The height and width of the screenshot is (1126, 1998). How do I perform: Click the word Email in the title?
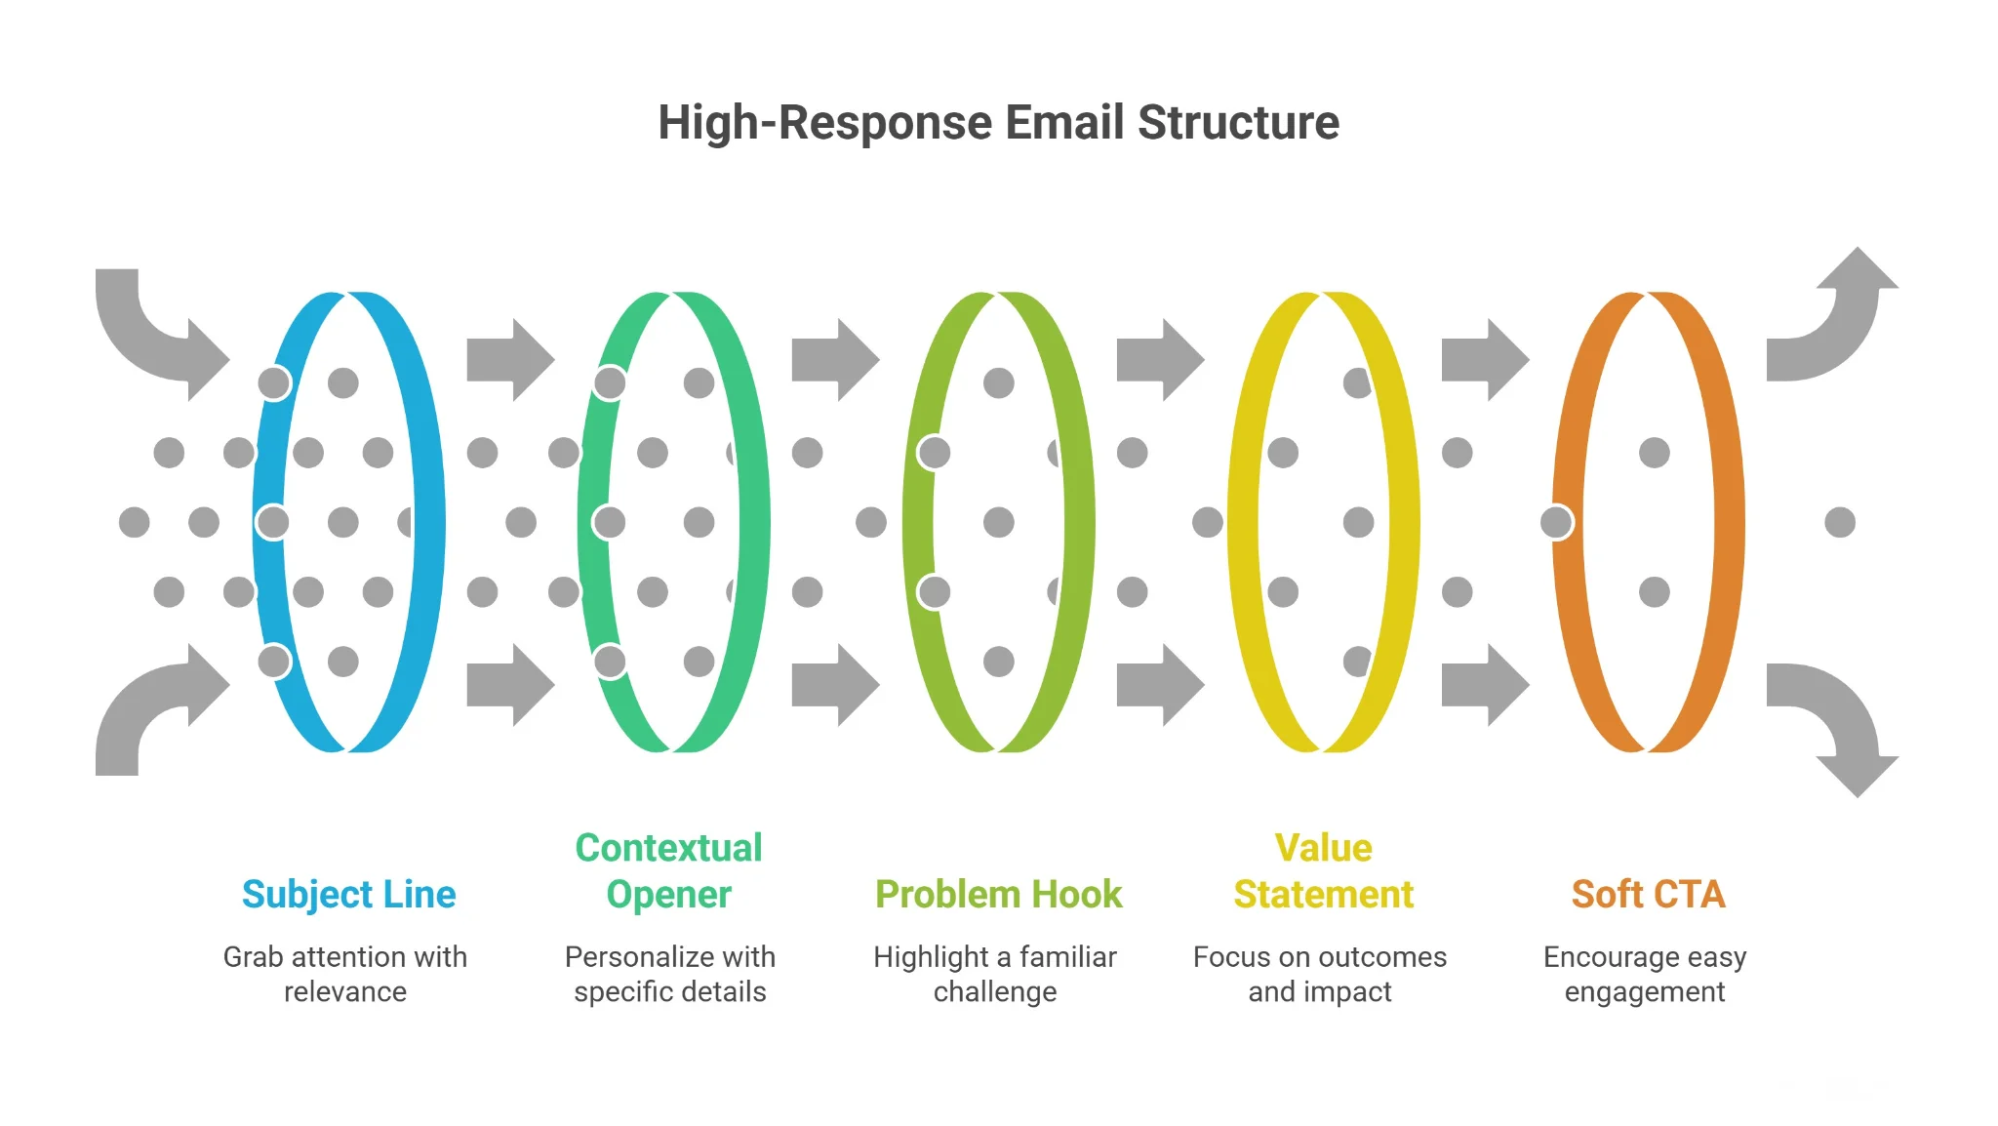coord(1064,123)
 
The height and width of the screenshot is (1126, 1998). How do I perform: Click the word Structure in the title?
coord(1238,123)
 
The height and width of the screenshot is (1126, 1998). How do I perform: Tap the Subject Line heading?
coord(348,894)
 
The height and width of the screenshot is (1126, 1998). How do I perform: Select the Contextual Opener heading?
coord(668,870)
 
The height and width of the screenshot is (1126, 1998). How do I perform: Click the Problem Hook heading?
coord(998,894)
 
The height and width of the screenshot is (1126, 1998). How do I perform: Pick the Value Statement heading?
coord(1323,870)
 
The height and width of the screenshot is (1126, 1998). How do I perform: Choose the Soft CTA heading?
coord(1648,894)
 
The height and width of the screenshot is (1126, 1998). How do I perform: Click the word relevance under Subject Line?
coord(345,991)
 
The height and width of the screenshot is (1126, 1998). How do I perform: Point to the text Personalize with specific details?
coord(669,974)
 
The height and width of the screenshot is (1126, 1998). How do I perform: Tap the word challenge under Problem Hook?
coord(994,991)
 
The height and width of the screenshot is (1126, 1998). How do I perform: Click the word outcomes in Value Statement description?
coord(1380,956)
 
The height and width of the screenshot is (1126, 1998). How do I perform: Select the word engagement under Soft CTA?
coord(1645,991)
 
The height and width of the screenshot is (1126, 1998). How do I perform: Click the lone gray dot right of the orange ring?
coord(1840,522)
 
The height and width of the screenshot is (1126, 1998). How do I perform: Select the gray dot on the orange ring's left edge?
coord(1557,522)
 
